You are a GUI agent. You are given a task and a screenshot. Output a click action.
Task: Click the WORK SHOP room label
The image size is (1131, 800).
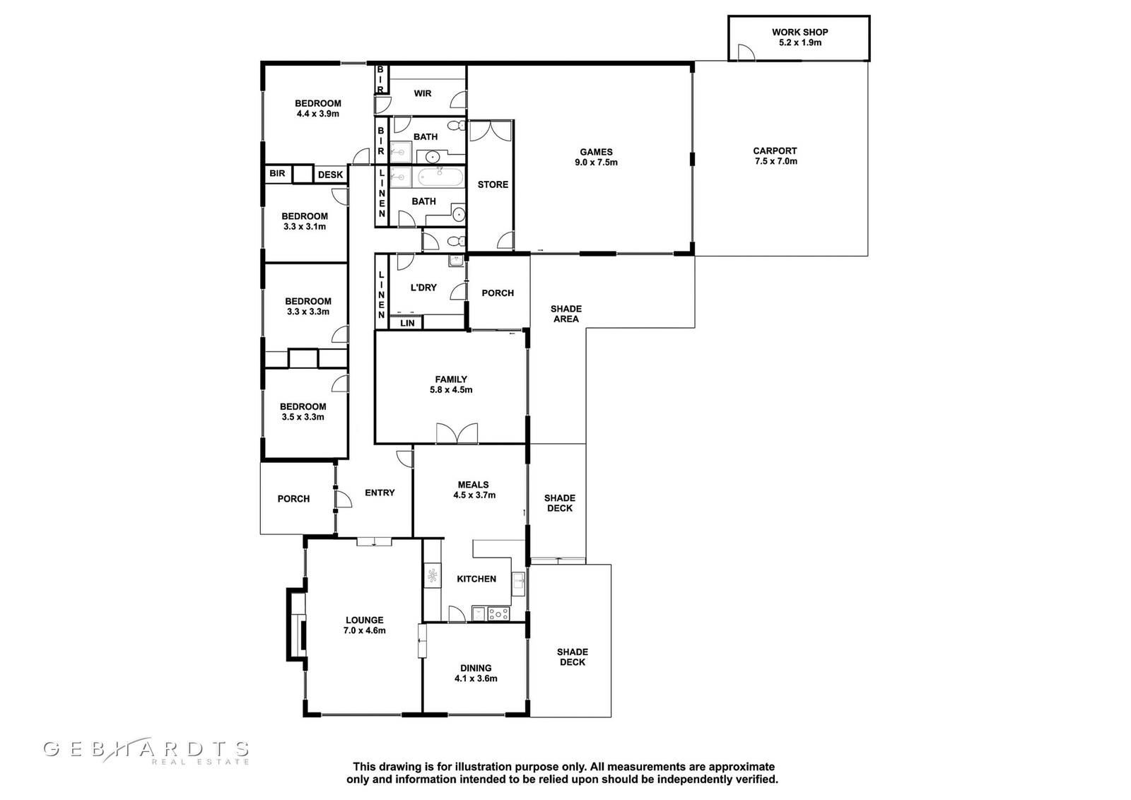tap(799, 32)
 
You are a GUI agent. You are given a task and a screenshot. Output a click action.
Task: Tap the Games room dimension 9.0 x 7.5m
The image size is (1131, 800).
tap(596, 163)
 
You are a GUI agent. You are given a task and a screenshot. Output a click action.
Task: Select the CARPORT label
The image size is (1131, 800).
tap(775, 151)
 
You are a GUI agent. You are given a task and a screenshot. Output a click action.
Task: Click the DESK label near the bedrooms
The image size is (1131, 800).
tap(331, 175)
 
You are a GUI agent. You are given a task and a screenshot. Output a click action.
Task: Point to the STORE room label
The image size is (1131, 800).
tap(493, 184)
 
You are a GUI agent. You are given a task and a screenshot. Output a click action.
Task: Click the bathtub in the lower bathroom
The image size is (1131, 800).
tap(440, 177)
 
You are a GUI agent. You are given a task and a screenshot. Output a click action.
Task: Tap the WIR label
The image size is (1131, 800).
tap(423, 93)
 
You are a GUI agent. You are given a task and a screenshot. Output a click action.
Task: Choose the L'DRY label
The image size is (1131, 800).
tap(423, 288)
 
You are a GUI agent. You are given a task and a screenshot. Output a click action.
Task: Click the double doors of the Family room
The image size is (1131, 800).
tap(457, 433)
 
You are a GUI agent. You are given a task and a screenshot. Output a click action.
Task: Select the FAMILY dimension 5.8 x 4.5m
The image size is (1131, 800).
tap(451, 389)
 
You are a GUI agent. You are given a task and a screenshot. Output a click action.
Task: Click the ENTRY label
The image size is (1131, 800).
tap(380, 493)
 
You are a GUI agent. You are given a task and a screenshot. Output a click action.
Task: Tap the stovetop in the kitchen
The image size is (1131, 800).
tap(498, 613)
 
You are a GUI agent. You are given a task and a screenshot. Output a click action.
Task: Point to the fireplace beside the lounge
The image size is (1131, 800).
tap(296, 624)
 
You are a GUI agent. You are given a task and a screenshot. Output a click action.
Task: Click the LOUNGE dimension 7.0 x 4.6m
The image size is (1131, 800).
tap(365, 630)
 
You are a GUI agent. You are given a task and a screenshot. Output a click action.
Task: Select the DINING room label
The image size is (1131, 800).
tap(476, 668)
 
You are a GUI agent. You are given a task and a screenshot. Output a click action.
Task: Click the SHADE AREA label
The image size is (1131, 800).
tap(566, 314)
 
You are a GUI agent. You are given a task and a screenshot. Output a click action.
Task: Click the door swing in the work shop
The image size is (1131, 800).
tap(746, 52)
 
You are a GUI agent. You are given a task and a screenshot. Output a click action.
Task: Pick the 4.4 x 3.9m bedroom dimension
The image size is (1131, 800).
tap(318, 114)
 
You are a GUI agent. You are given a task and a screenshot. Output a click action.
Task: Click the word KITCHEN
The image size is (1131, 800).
tap(476, 579)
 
